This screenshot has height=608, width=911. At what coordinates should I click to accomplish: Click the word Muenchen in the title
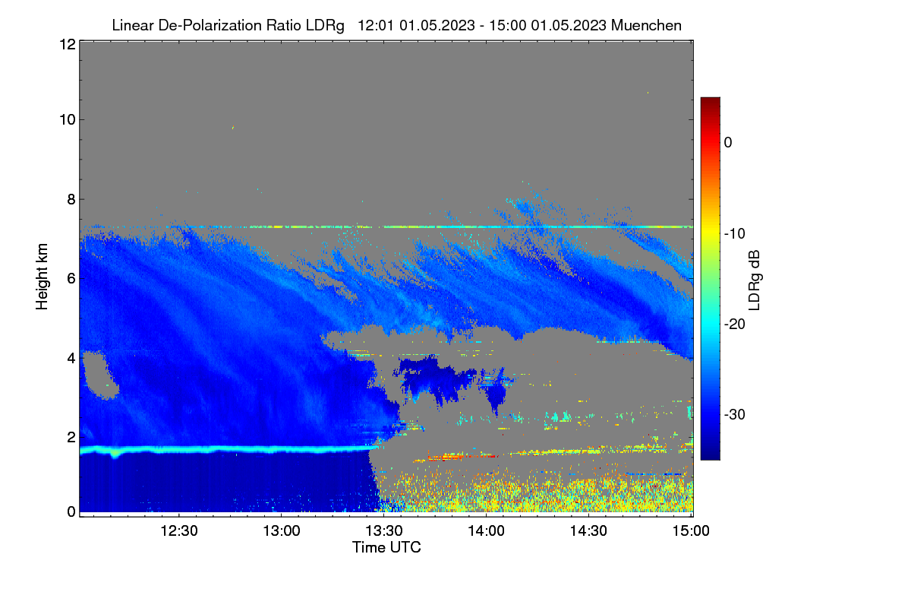click(646, 25)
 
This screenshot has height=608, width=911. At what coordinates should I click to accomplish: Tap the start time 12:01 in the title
click(375, 25)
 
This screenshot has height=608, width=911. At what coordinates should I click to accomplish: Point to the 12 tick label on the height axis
click(68, 44)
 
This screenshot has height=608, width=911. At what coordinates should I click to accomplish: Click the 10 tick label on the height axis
click(68, 120)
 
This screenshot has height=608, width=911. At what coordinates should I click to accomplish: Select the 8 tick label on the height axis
click(72, 200)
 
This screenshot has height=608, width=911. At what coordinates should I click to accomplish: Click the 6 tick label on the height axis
click(72, 279)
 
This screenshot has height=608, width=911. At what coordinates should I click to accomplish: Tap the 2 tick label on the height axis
click(72, 438)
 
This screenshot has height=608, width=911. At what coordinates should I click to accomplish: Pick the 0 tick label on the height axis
click(72, 512)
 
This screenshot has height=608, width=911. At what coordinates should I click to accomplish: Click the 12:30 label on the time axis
click(179, 531)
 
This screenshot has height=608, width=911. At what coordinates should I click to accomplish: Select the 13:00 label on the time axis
click(282, 531)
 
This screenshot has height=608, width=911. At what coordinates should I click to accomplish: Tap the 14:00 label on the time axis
click(486, 531)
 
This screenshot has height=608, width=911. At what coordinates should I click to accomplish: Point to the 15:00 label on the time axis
click(691, 531)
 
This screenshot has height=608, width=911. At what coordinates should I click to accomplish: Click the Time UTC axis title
click(386, 547)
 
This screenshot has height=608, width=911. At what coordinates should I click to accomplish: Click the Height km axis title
click(42, 277)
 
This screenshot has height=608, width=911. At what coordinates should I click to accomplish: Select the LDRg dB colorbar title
click(755, 280)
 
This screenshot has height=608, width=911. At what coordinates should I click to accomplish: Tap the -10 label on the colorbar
click(735, 234)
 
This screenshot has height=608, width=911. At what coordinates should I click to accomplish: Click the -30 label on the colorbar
click(735, 414)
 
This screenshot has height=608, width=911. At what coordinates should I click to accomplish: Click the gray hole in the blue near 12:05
click(100, 375)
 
